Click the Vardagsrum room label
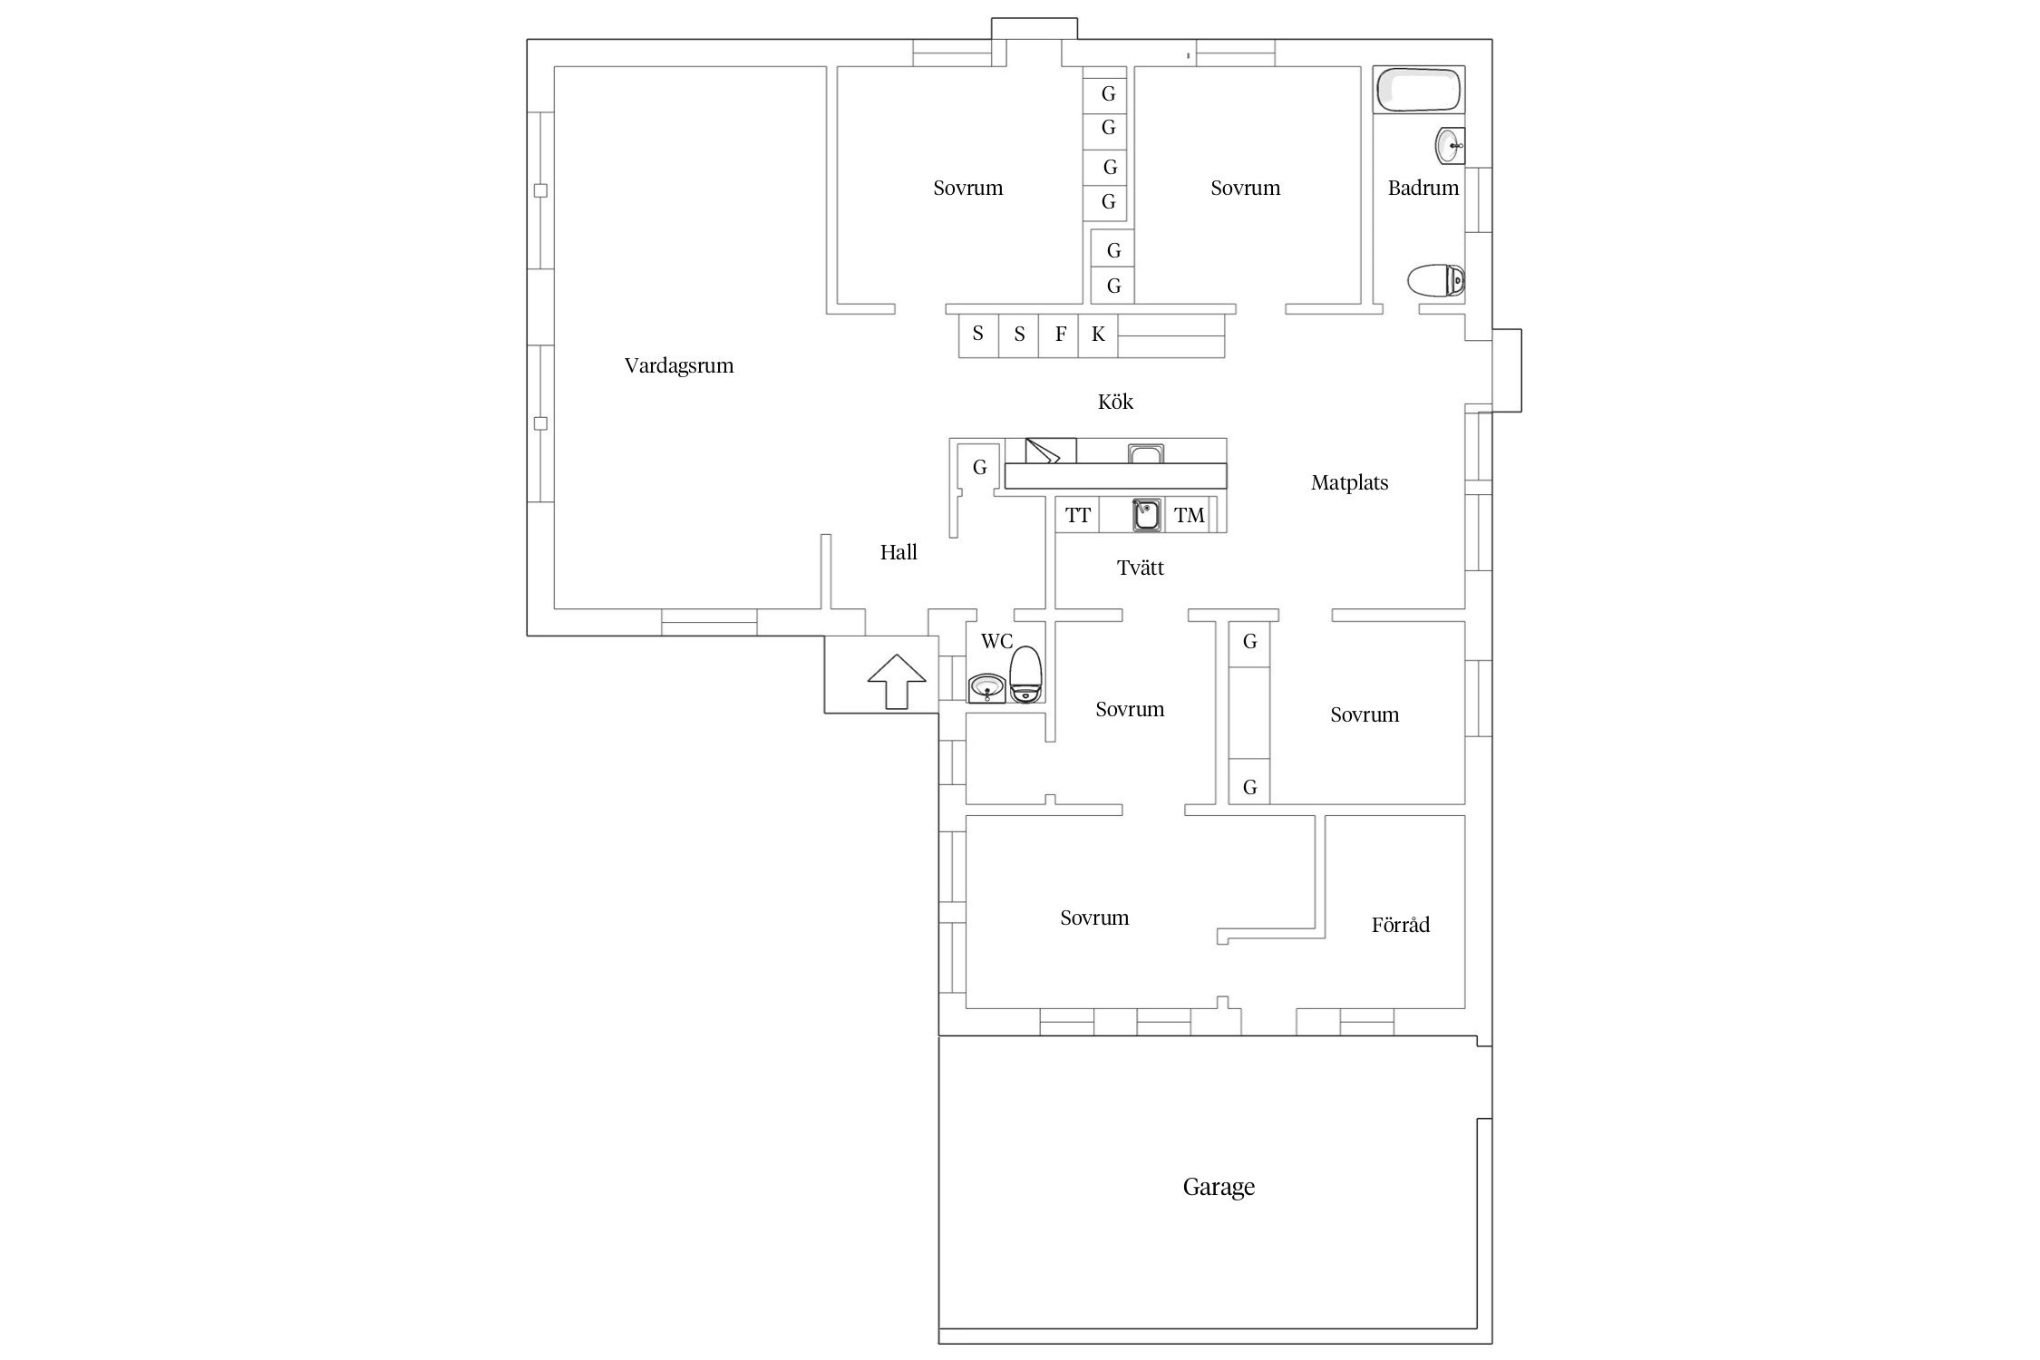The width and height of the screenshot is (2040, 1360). tap(678, 365)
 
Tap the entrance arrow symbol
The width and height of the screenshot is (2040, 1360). tap(897, 681)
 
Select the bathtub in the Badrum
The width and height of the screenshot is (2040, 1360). tap(1419, 89)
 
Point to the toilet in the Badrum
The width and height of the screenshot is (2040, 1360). tap(1436, 280)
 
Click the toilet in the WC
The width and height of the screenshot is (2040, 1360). tap(1026, 674)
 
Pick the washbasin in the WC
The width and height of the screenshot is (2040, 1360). tap(986, 688)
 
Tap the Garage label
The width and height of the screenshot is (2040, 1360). tap(1219, 1187)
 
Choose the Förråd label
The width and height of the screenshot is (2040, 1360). tap(1400, 924)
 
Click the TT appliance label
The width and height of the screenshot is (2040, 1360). tap(1078, 515)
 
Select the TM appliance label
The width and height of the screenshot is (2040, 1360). tap(1190, 515)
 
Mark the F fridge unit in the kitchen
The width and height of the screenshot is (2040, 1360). tap(1059, 335)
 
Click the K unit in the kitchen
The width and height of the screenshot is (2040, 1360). tap(1098, 335)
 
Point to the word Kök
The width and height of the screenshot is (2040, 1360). tap(1115, 401)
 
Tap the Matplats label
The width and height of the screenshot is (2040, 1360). tap(1349, 482)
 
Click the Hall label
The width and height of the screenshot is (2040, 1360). tap(899, 552)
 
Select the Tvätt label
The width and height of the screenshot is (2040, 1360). tap(1140, 568)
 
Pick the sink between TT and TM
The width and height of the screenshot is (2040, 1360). tap(1147, 514)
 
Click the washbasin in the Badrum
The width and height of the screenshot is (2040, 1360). tap(1450, 145)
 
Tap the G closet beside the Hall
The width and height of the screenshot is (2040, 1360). tap(979, 467)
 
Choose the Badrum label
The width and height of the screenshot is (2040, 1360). tap(1423, 188)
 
